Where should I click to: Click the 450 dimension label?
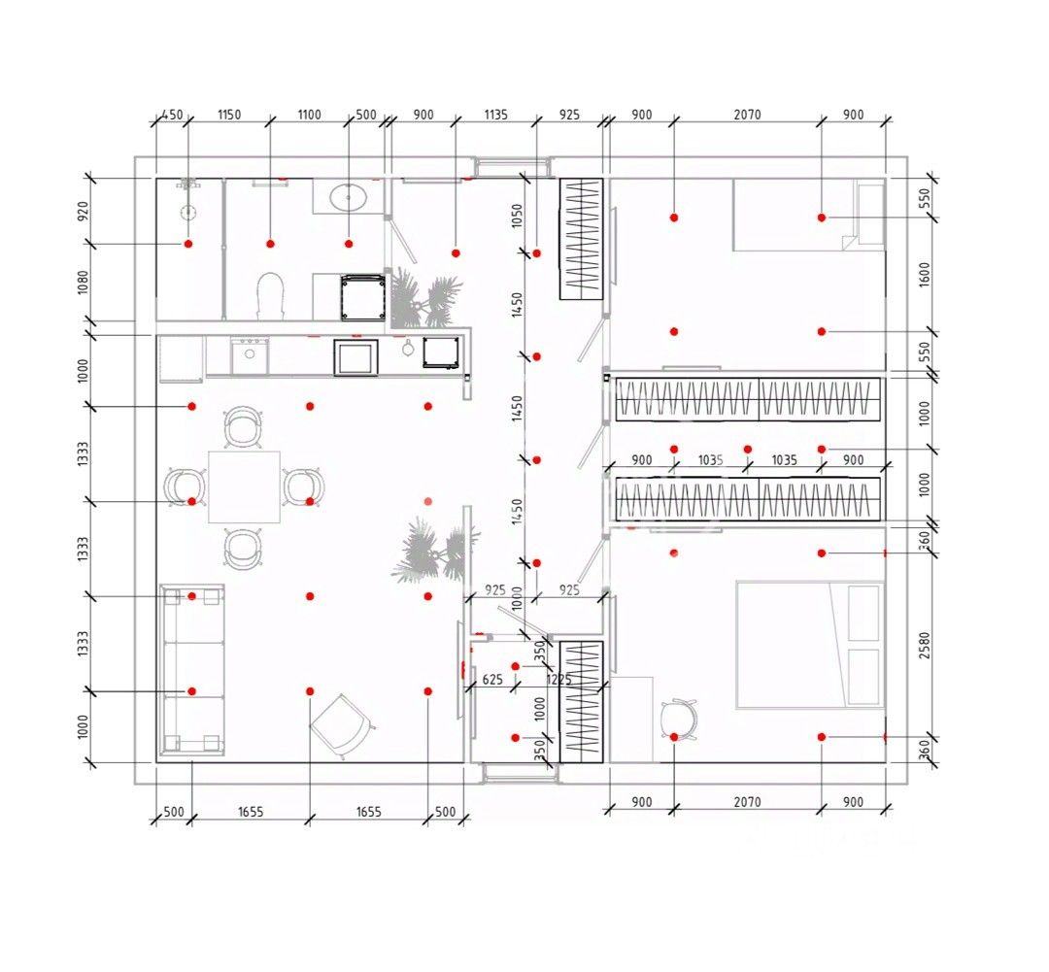(x=171, y=115)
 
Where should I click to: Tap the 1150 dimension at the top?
(x=228, y=115)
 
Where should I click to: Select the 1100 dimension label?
(x=309, y=115)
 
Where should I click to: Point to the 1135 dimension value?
(x=495, y=115)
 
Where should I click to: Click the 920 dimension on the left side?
(x=84, y=211)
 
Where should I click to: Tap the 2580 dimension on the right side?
(x=924, y=645)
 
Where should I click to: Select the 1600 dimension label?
(x=924, y=274)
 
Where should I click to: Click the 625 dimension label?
(x=492, y=680)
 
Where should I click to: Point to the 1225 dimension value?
(x=558, y=680)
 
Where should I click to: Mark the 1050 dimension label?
(x=518, y=216)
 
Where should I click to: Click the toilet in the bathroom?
(x=270, y=293)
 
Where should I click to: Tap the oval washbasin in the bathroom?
(x=349, y=198)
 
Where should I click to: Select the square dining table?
(x=245, y=486)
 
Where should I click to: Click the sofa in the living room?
(x=191, y=670)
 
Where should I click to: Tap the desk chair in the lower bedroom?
(x=678, y=720)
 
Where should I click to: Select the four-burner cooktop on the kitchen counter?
(x=252, y=353)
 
